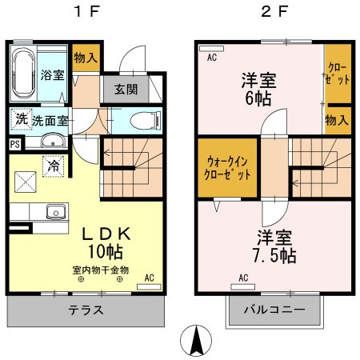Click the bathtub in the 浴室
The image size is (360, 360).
[x=24, y=74]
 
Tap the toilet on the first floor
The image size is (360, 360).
[x=146, y=121]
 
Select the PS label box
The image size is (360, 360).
[x=15, y=144]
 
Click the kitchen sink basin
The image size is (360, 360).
[x=56, y=212]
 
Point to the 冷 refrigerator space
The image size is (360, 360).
[x=54, y=166]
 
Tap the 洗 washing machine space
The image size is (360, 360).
[x=22, y=119]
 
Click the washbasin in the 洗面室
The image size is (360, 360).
[x=53, y=141]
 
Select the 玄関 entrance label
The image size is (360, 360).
[x=126, y=90]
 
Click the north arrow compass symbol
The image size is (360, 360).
[x=196, y=341]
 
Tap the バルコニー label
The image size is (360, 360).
[x=274, y=310]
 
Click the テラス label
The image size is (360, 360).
[x=86, y=310]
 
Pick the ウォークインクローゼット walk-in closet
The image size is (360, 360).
[x=227, y=167]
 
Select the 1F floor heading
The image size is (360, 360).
[x=87, y=12]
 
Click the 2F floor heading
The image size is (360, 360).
[x=274, y=12]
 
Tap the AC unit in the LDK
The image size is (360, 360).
[x=149, y=287]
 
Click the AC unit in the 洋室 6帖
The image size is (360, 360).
[x=211, y=49]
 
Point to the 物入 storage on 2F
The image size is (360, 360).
[x=338, y=121]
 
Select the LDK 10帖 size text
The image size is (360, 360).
[x=106, y=251]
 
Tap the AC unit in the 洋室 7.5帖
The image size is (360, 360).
[x=242, y=287]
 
